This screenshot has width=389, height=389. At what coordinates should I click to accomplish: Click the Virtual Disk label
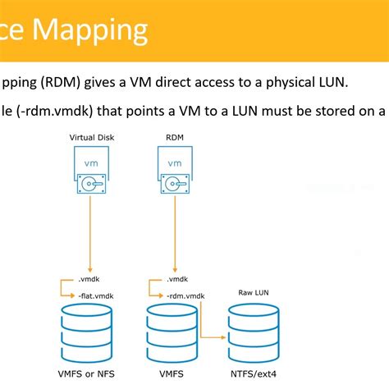click(x=91, y=139)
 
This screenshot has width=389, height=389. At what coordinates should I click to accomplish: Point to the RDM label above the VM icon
click(x=174, y=139)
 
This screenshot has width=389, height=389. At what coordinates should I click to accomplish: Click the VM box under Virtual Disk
click(x=90, y=163)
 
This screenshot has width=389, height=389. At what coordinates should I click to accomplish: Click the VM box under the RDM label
click(x=174, y=163)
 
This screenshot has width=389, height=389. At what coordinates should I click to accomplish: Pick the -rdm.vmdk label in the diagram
click(x=186, y=294)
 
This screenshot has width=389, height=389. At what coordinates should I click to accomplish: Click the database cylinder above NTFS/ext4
click(x=253, y=332)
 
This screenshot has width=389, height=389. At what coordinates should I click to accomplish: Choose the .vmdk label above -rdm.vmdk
click(x=176, y=279)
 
